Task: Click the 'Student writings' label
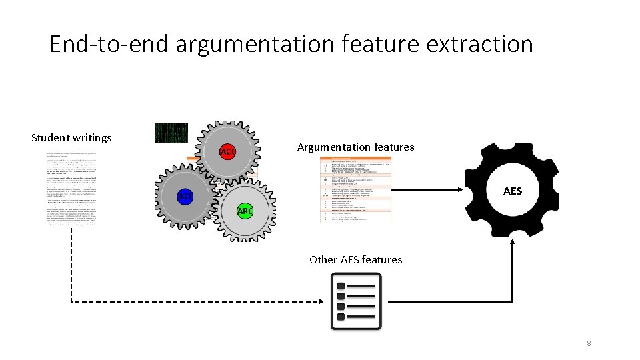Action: point(71,138)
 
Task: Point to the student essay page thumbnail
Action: point(71,190)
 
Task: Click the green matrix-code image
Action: point(171,133)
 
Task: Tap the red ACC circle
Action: point(228,152)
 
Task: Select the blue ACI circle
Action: point(185,196)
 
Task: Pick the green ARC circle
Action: point(245,211)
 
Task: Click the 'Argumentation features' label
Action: point(355,147)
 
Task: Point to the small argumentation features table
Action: point(356,190)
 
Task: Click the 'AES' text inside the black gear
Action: point(513,191)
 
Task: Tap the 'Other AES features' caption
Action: point(355,259)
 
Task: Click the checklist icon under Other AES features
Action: point(356,301)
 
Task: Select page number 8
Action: point(589,343)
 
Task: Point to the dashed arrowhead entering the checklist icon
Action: point(323,302)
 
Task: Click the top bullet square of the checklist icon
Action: point(341,285)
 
